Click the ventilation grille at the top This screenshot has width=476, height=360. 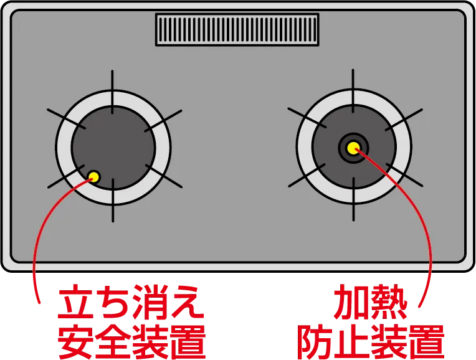[237, 29]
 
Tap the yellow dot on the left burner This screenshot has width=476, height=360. [94, 176]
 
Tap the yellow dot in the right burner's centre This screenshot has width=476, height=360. [353, 148]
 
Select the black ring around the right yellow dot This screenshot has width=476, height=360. [353, 138]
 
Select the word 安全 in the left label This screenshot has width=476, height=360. [93, 339]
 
